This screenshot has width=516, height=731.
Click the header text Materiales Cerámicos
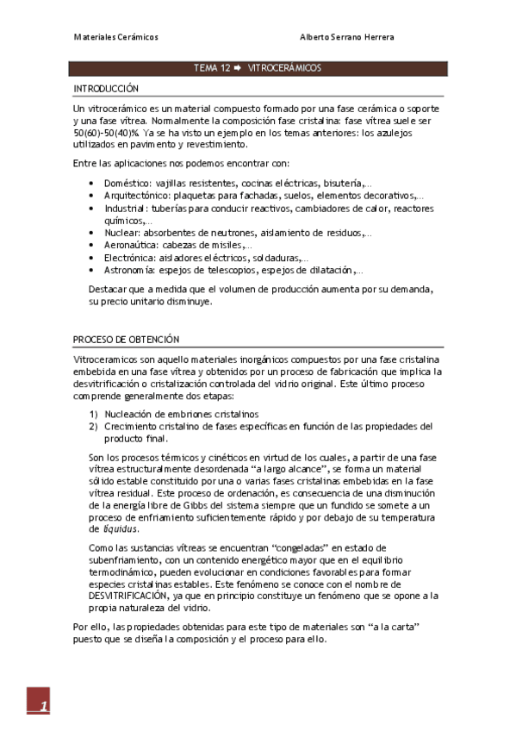(x=115, y=38)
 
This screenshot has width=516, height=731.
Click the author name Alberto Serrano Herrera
(x=347, y=38)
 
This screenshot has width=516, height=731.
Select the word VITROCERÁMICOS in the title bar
(x=284, y=67)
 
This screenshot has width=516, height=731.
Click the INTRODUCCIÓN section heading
(x=106, y=89)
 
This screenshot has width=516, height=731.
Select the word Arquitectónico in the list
(x=136, y=196)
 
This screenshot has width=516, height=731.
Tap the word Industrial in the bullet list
(x=126, y=208)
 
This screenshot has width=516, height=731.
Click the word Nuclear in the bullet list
(x=121, y=233)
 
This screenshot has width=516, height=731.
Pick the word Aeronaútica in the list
(x=131, y=245)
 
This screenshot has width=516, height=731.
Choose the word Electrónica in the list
(x=130, y=257)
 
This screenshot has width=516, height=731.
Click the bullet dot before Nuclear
(x=92, y=233)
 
